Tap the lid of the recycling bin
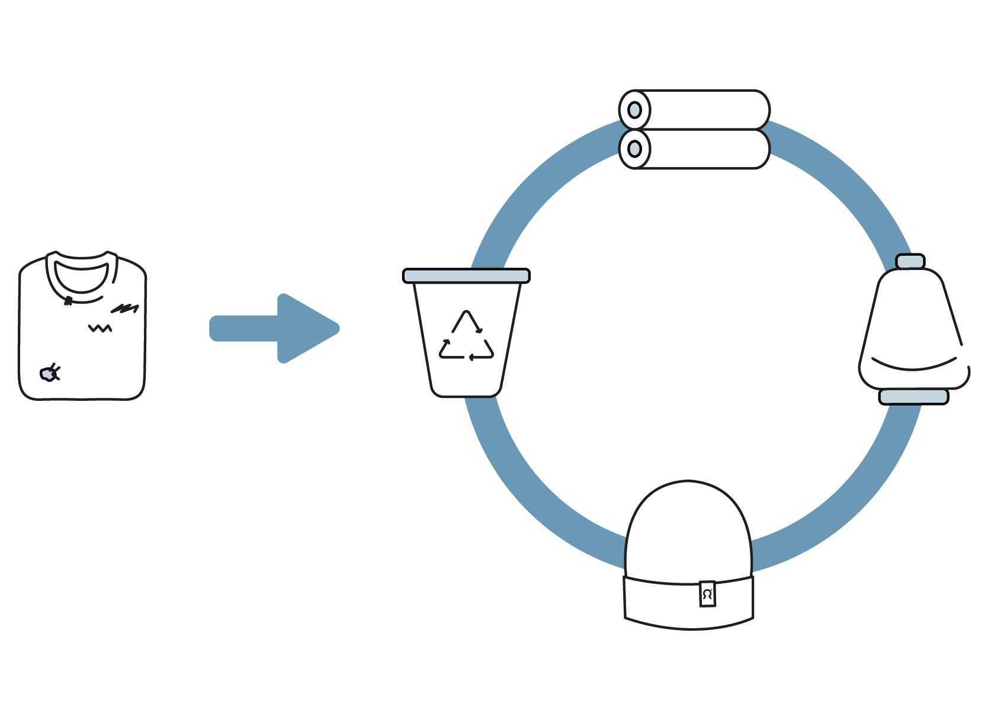[x=466, y=276]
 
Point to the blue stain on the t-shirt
[x=47, y=374]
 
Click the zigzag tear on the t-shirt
[x=100, y=328]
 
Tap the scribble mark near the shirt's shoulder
[x=125, y=308]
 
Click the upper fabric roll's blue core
[x=634, y=110]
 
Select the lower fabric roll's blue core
[x=634, y=149]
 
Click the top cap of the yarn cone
[x=910, y=261]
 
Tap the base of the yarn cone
[x=913, y=397]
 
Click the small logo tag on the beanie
[x=707, y=594]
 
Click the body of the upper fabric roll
[x=705, y=110]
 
